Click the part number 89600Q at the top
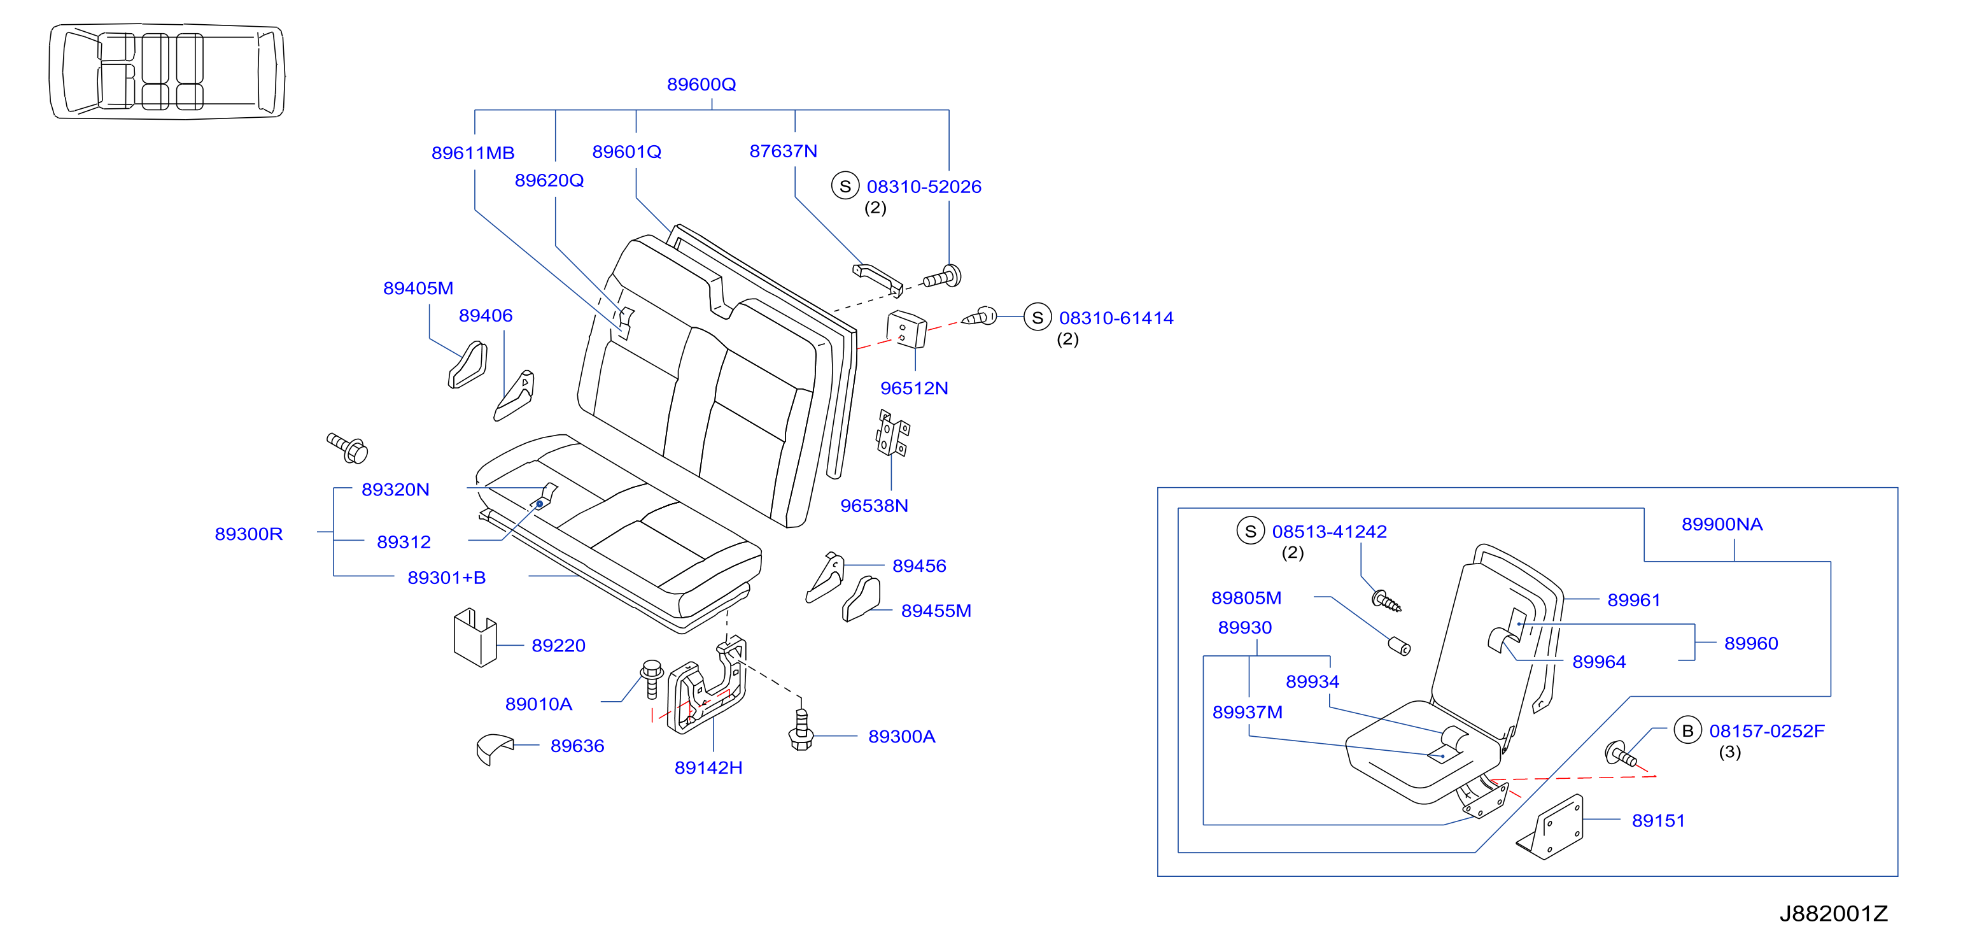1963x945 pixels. [701, 85]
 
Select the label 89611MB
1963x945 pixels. [472, 153]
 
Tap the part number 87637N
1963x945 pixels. [783, 151]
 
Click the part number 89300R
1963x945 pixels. [248, 534]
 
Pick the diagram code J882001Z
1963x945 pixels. [1833, 913]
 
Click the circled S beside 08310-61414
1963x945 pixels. [1037, 317]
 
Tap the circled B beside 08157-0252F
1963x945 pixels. [1687, 731]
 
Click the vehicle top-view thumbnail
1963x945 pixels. [167, 71]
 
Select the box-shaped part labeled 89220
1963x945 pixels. [475, 637]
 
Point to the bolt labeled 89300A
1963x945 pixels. [801, 729]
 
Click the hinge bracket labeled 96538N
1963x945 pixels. [892, 434]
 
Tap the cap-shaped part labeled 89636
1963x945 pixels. [494, 749]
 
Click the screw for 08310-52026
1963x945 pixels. [942, 278]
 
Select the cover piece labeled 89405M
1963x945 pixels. [468, 365]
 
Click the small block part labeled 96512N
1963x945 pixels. [907, 329]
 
